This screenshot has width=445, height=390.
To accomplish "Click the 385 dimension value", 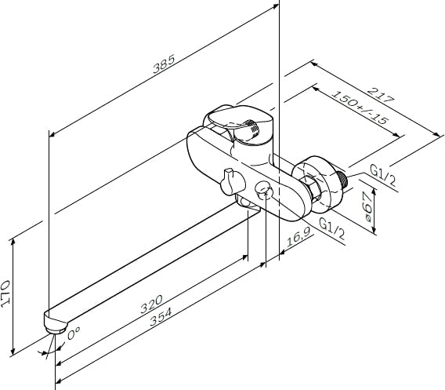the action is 164,64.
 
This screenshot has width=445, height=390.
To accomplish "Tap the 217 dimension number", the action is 381,95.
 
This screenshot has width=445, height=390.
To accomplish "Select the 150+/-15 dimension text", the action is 360,108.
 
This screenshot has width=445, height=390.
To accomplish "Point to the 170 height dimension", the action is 5,293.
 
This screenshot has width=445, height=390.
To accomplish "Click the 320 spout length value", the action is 152,304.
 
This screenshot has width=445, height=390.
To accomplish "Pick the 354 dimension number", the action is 161,317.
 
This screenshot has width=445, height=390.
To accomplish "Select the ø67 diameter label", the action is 367,206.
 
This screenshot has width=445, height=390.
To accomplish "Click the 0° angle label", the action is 74,333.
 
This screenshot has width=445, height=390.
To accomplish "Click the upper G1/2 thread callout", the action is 383,176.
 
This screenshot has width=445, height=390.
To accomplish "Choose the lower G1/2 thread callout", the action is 332,228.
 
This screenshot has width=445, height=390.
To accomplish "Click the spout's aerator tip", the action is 55,330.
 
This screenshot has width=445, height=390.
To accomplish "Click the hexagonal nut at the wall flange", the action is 312,188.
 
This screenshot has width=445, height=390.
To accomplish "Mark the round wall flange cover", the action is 318,184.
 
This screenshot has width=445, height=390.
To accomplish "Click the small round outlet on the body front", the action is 264,191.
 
